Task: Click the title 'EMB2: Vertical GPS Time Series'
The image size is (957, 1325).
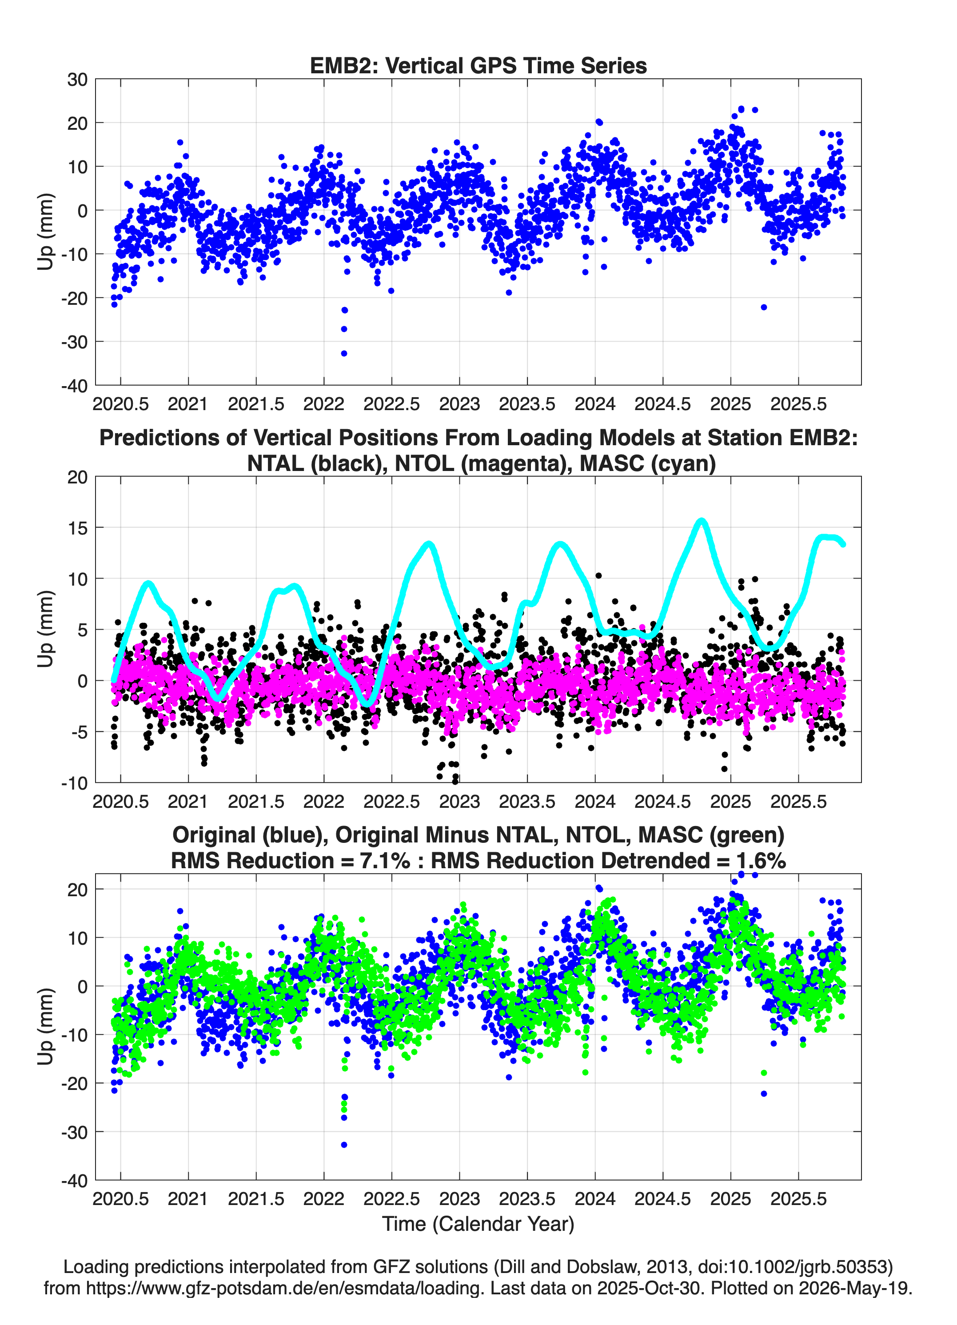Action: click(478, 65)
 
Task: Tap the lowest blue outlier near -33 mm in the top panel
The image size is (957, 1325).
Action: click(344, 353)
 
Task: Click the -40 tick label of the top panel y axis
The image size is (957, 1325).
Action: click(74, 386)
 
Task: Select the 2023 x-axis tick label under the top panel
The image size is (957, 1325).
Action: click(459, 404)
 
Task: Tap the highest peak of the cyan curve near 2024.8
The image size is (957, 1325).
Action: click(701, 521)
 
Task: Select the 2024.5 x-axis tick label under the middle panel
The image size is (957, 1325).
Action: click(662, 802)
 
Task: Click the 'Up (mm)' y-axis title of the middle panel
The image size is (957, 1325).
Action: click(46, 629)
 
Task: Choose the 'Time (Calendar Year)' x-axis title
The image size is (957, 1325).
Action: click(478, 1224)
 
